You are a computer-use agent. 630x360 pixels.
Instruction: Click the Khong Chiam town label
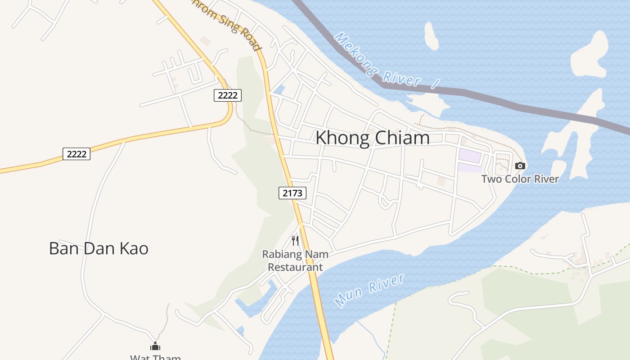pos(372,138)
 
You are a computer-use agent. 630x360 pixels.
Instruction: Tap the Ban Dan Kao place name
pos(99,248)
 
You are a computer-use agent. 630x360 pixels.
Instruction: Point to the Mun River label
pos(370,290)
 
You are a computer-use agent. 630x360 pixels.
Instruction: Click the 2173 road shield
pos(292,193)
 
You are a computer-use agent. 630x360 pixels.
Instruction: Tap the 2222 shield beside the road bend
pos(228,95)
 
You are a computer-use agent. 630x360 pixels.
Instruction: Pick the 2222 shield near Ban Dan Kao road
pos(76,154)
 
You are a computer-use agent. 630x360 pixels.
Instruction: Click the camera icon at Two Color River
pos(520,166)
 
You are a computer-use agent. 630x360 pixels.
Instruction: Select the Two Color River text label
pos(520,179)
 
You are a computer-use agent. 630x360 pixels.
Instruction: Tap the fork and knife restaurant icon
pos(295,240)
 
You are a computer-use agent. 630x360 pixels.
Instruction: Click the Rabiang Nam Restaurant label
pos(295,261)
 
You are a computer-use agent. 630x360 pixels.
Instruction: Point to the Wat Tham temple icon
pos(155,346)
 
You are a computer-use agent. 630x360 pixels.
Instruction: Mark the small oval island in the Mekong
pos(431,36)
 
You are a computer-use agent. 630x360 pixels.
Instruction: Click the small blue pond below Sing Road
pos(280,90)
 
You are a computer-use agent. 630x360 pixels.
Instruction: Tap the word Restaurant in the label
pos(295,267)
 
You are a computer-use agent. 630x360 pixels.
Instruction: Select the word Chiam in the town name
pos(402,138)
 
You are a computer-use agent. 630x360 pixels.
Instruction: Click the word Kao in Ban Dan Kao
pos(134,248)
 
